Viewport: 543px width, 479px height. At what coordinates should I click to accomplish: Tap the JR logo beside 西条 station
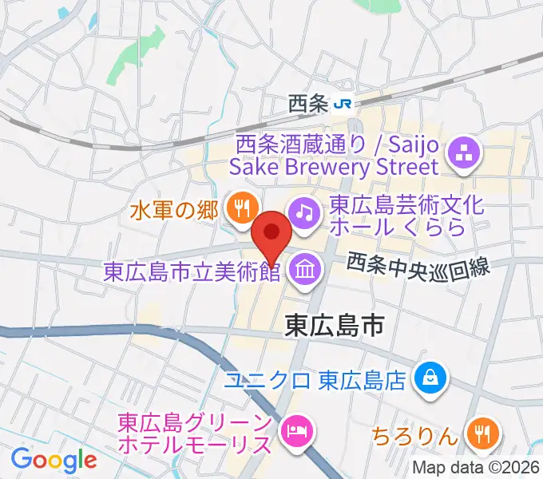(x=343, y=103)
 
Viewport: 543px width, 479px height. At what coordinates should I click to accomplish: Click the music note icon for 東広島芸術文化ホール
(x=303, y=212)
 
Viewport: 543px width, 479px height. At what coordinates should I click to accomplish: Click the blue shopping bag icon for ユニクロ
(x=430, y=375)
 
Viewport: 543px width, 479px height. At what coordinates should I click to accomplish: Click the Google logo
(x=54, y=459)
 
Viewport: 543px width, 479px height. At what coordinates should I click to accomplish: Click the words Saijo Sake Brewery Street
(x=335, y=166)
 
